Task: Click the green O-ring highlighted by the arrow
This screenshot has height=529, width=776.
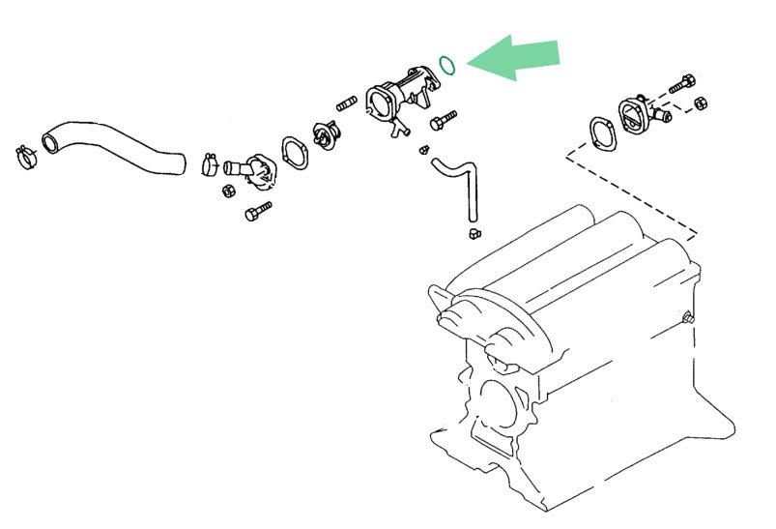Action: pos(446,65)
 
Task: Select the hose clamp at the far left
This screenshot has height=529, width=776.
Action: pos(26,153)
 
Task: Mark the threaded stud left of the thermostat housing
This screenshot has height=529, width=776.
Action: pos(348,103)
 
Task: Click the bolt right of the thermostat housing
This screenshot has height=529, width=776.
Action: pos(444,121)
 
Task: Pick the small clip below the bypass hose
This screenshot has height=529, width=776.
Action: pos(473,233)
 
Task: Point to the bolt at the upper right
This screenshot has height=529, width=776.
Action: pos(682,83)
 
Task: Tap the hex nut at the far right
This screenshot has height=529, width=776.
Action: pos(701,103)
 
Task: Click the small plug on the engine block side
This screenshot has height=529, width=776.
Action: pos(688,318)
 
